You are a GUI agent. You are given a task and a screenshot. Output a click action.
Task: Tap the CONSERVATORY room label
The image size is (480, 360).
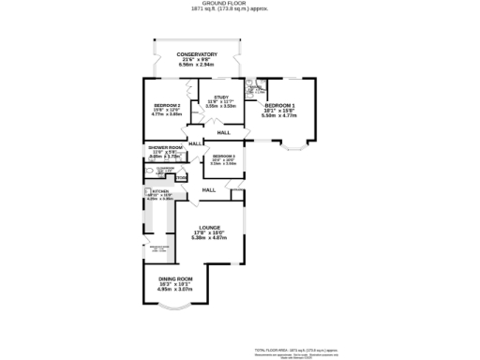pos(197,55)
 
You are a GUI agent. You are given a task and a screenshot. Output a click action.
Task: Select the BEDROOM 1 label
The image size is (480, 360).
pos(278,105)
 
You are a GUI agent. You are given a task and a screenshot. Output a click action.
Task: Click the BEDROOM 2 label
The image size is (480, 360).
pos(167,104)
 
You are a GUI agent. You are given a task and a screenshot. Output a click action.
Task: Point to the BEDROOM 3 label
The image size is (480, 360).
pos(223,156)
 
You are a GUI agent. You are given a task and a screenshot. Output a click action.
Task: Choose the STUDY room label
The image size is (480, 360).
pos(221,97)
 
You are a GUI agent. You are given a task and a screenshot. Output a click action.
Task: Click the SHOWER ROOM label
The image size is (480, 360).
pos(164,147)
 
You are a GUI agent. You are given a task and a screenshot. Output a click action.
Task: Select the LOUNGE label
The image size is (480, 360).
pos(207,228)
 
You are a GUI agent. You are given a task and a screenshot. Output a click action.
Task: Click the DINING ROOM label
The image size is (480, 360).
pos(175,278)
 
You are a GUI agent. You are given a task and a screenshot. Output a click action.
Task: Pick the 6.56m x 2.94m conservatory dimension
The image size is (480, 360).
pos(197,67)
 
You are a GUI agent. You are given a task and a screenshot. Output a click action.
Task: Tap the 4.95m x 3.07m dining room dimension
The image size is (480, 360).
pos(175,290)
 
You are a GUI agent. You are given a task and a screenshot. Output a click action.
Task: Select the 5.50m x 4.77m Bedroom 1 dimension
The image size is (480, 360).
pos(278,115)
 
